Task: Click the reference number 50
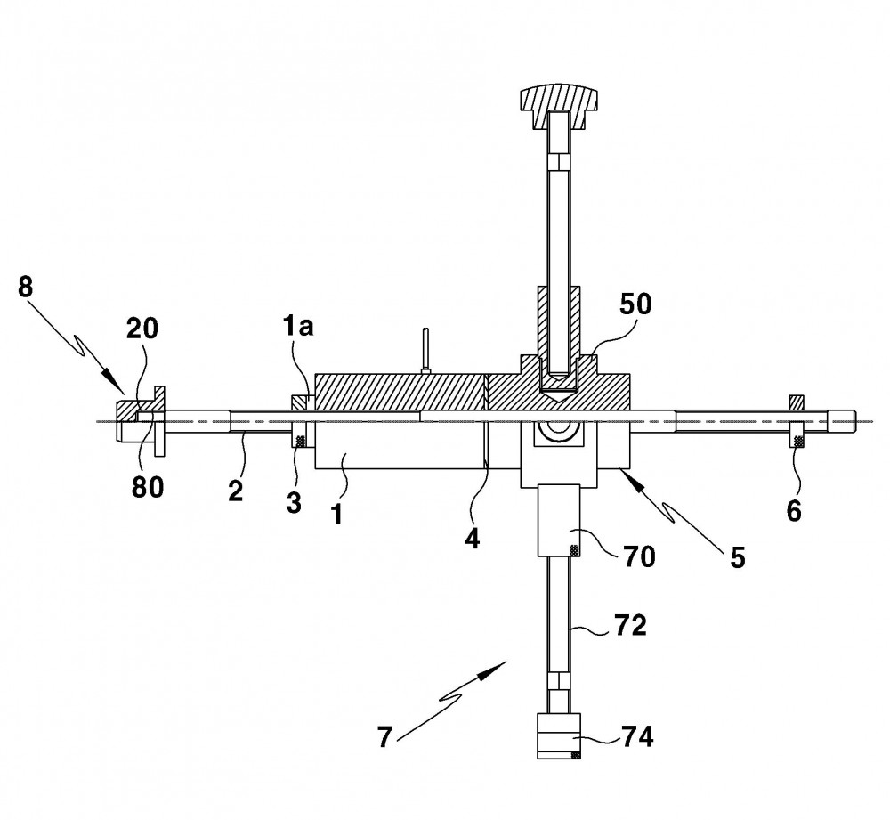[635, 305]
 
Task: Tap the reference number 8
[25, 287]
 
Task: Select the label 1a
[298, 328]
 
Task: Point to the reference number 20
[142, 329]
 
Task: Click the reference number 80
[148, 487]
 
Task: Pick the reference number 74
[637, 737]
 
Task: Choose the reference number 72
[630, 626]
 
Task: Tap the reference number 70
[639, 556]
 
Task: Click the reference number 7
[384, 738]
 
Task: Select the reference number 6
[794, 511]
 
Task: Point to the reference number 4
[473, 538]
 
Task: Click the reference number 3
[294, 502]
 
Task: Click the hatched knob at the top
[559, 106]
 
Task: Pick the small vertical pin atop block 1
[425, 351]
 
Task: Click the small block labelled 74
[559, 736]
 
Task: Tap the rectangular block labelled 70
[559, 520]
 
